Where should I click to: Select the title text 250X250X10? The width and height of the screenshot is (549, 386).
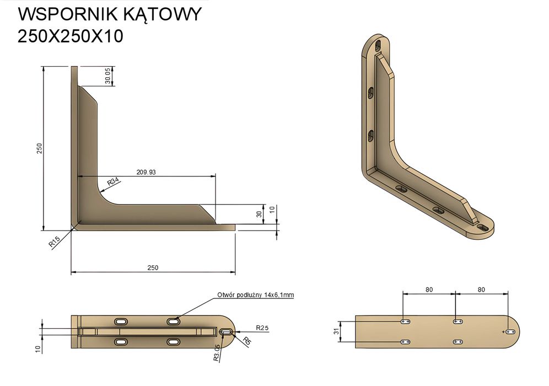click(x=71, y=36)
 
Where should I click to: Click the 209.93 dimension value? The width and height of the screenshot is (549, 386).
click(x=146, y=172)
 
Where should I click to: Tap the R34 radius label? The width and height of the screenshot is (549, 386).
click(x=113, y=181)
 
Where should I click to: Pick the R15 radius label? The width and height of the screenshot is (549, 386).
click(x=54, y=242)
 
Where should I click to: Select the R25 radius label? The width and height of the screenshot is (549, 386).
click(x=262, y=328)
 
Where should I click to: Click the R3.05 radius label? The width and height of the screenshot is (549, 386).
click(x=217, y=352)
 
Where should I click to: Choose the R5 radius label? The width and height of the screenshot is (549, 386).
click(x=247, y=341)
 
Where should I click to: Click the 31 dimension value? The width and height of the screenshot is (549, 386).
click(x=337, y=331)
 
